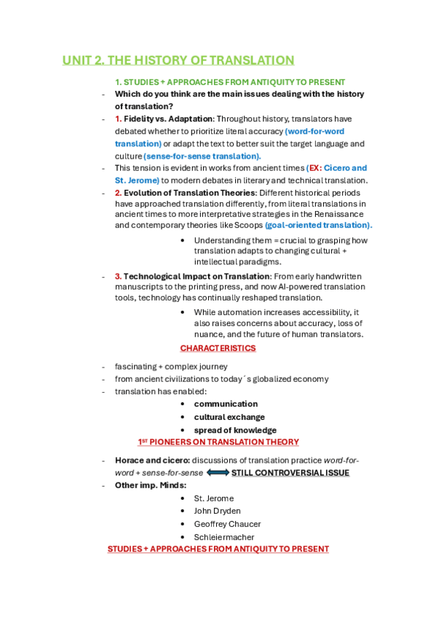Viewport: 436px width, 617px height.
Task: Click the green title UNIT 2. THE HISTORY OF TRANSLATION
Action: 178,60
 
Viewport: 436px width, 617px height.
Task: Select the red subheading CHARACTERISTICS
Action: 218,348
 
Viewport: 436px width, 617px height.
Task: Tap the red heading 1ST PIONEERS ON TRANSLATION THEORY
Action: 218,442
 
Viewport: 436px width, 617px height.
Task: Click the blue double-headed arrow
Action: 218,473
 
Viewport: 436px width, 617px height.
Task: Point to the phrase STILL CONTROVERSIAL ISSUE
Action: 290,473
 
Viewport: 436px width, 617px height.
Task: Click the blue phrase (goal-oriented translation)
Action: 318,225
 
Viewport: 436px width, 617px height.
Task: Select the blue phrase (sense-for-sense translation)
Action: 202,156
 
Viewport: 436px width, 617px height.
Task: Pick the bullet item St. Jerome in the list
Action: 213,498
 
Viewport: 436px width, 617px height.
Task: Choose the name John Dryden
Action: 217,511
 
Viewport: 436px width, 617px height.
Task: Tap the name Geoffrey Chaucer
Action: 227,524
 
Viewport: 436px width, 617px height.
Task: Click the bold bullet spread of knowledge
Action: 235,430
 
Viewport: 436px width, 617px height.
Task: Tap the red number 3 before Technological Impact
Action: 118,276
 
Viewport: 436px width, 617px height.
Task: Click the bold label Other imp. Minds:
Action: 151,485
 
